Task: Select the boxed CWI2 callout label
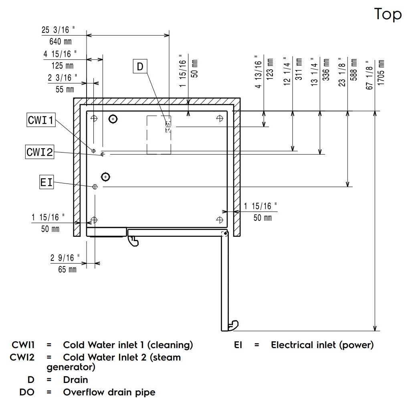click(x=40, y=152)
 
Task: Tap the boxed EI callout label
click(x=46, y=182)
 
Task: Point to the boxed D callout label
click(x=140, y=66)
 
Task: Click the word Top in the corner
click(x=388, y=14)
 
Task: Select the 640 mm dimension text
click(x=60, y=41)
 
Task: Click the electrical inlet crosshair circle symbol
click(x=95, y=187)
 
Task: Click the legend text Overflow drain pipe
click(x=109, y=392)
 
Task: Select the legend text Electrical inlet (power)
click(x=322, y=345)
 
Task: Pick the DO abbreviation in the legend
click(x=27, y=392)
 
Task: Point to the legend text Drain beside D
click(x=75, y=379)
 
